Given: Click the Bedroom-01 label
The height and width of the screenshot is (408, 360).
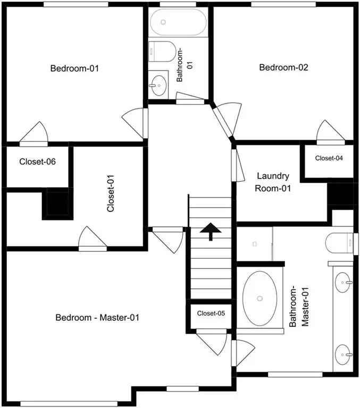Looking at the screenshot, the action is [74, 69].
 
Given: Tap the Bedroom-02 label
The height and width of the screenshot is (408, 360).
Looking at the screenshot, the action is [283, 67].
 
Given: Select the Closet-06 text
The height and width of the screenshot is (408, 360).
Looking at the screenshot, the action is [38, 161].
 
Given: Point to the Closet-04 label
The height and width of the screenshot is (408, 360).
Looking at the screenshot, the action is [329, 158].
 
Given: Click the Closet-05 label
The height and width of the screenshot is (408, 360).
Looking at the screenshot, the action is [211, 313].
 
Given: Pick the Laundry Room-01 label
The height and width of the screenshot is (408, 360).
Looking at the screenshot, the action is [273, 182].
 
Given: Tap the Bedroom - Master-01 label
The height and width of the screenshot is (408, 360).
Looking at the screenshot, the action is [97, 318].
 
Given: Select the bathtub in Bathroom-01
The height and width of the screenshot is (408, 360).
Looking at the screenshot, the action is [179, 22].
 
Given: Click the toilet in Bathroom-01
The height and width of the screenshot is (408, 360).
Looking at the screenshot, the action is [162, 52].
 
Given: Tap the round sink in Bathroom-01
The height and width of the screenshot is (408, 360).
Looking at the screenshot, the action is [158, 85].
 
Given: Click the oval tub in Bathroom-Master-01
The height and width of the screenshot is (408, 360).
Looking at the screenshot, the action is [259, 299].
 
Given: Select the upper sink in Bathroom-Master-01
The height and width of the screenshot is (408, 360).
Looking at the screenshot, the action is [343, 282].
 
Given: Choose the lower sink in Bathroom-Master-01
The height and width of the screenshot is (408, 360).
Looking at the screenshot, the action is [343, 355].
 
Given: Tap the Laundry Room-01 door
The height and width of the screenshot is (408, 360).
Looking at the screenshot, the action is [238, 166].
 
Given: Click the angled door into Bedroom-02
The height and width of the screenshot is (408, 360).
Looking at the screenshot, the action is [227, 119].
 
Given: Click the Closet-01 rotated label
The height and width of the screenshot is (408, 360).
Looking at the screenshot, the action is [111, 193].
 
